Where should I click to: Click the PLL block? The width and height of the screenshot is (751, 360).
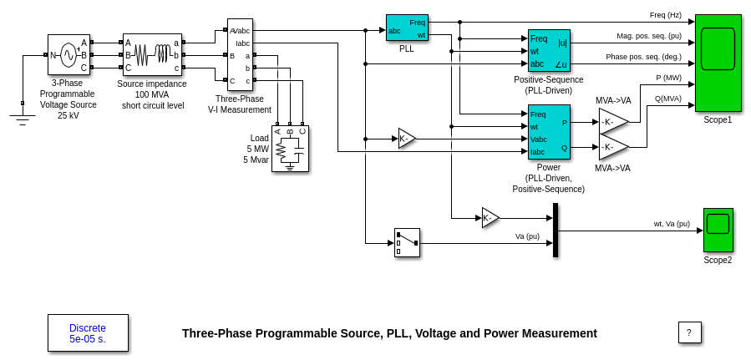[407, 28]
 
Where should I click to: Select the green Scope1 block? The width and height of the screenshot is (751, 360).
[718, 62]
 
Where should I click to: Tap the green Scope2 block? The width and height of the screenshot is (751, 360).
[718, 230]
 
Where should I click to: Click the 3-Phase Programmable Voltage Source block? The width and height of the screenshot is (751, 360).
[69, 55]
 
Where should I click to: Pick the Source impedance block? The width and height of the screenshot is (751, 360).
[152, 55]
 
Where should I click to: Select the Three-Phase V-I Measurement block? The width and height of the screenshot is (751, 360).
[240, 55]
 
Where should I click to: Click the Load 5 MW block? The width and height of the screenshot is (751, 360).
[290, 149]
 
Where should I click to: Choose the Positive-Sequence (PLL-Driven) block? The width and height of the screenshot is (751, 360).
[549, 51]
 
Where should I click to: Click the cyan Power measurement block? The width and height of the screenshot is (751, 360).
[549, 132]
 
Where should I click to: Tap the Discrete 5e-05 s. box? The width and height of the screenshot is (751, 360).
[88, 333]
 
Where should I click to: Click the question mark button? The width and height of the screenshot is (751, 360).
[689, 332]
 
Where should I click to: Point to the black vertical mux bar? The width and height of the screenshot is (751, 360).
[556, 230]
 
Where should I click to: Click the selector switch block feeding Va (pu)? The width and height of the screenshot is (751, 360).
[407, 242]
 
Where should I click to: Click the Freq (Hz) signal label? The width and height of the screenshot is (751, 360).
[665, 15]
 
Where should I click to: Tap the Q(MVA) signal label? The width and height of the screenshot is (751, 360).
[667, 98]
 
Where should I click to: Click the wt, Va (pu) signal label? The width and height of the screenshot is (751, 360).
[672, 224]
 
